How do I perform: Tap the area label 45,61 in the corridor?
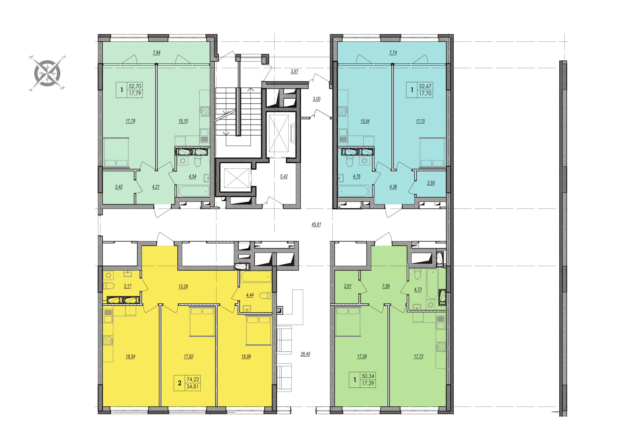click(316, 225)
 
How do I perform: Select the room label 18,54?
click(130, 356)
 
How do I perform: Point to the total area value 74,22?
click(193, 379)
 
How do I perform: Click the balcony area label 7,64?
click(157, 53)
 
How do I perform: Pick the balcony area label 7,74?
click(393, 53)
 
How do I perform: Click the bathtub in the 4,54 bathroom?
click(194, 191)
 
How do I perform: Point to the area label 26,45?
click(305, 354)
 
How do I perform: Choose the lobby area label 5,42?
click(284, 176)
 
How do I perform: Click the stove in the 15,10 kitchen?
click(205, 112)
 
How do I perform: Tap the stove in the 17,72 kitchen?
click(441, 347)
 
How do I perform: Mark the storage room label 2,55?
click(431, 183)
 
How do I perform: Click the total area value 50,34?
click(368, 376)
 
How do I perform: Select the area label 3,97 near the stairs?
click(294, 71)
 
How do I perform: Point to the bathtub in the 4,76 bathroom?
click(353, 191)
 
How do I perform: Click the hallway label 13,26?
click(183, 286)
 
